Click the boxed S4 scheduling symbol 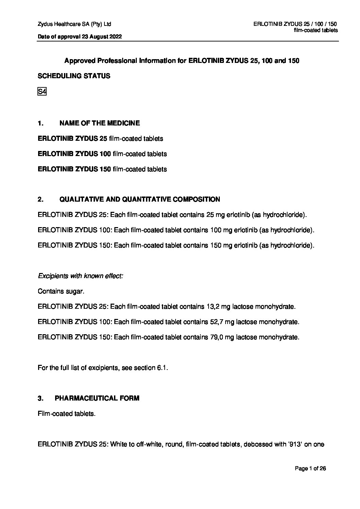click(x=42, y=92)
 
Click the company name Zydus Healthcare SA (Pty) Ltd click(x=75, y=24)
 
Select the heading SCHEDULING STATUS click(x=74, y=76)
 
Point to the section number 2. click(x=40, y=199)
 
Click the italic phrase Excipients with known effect click(x=80, y=276)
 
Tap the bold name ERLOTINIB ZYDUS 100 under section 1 click(x=74, y=154)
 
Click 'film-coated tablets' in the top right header click(x=316, y=31)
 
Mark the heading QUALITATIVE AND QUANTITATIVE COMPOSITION click(x=140, y=199)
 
